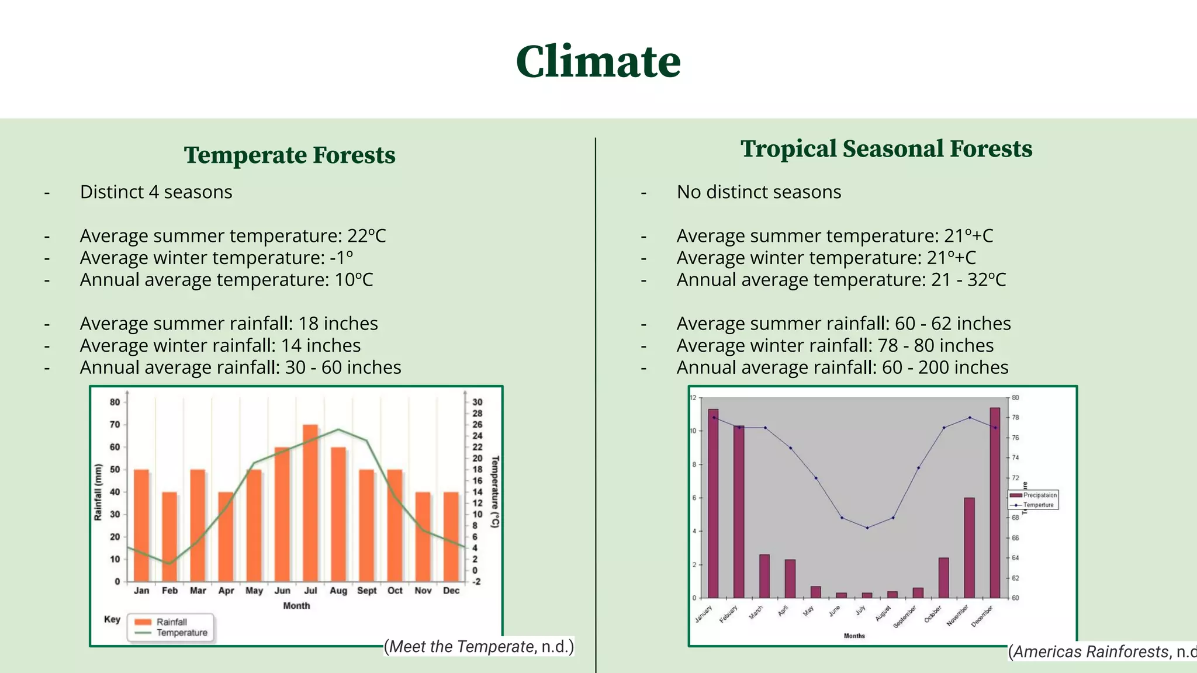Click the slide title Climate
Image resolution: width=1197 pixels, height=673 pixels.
tap(598, 62)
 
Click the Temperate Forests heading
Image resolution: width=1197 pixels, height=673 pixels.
tap(289, 155)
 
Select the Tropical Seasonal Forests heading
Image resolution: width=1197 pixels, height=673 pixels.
tap(886, 149)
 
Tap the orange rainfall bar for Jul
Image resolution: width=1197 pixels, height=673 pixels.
tap(310, 502)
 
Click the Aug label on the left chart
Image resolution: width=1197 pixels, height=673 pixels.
tap(338, 591)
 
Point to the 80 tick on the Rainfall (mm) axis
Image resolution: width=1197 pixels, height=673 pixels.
tap(115, 402)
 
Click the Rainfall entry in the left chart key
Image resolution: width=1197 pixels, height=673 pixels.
tap(171, 622)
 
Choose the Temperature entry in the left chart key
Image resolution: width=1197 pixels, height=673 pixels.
tap(182, 633)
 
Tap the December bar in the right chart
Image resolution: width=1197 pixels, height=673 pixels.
tap(995, 502)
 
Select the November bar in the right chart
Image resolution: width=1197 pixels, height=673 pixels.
tap(969, 547)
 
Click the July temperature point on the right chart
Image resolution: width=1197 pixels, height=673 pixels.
tap(867, 528)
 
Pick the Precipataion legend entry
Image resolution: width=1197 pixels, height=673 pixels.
tap(1039, 495)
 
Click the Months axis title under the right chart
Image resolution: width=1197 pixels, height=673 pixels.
tap(854, 636)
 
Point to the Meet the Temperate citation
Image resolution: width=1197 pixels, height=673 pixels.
tap(479, 647)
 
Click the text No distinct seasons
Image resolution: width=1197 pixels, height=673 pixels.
tap(759, 192)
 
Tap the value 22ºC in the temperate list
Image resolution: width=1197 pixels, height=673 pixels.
tap(366, 236)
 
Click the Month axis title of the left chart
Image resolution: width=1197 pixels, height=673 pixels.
tap(296, 606)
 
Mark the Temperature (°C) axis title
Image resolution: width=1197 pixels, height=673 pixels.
tap(494, 492)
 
